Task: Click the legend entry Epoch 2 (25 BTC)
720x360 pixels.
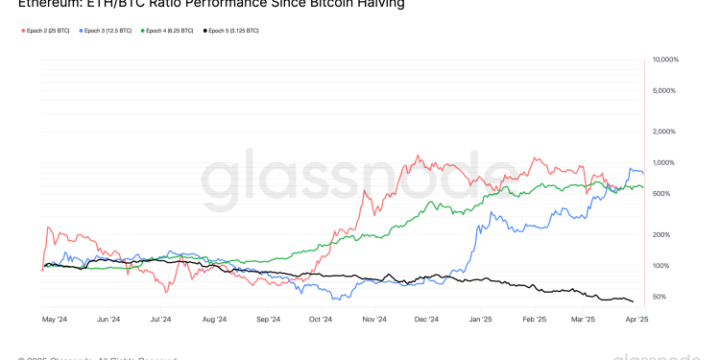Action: pos(45,31)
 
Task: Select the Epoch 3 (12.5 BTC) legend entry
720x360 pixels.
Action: pos(107,31)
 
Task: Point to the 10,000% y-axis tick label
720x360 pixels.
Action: pos(665,60)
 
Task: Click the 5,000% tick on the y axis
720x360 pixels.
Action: pos(666,90)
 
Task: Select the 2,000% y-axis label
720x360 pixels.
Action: pos(666,132)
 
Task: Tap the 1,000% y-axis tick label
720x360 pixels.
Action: pos(666,162)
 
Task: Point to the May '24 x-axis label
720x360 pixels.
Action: pos(55,319)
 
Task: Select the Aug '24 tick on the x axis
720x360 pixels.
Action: pos(214,319)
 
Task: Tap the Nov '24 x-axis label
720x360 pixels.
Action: pos(373,319)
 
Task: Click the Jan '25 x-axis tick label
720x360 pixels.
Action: pos(480,319)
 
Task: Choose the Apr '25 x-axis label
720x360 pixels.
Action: pos(637,319)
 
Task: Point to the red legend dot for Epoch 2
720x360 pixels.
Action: pos(22,31)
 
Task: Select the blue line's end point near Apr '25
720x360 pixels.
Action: pos(643,174)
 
